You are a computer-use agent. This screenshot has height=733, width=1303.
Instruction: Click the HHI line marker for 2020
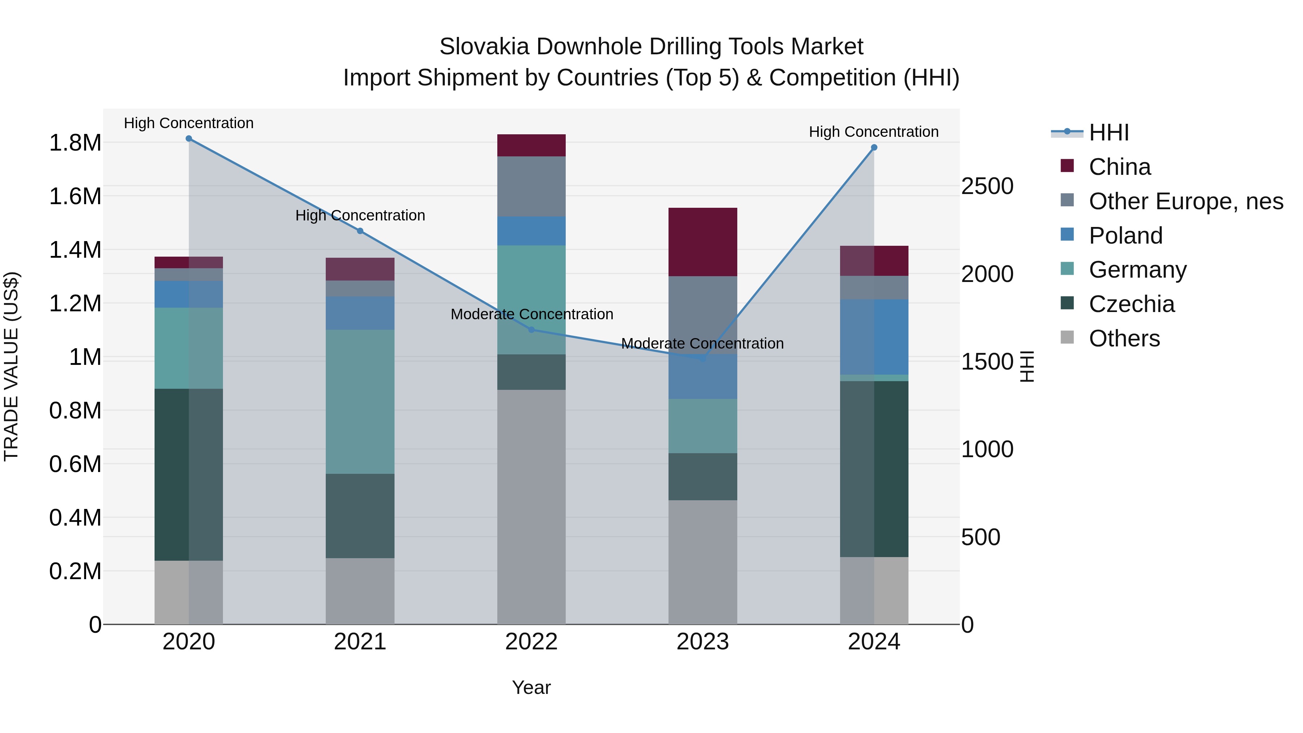click(x=189, y=138)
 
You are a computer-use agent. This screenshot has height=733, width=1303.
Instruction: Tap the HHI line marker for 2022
click(x=531, y=330)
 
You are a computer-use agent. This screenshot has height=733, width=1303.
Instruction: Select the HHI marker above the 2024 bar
click(x=874, y=148)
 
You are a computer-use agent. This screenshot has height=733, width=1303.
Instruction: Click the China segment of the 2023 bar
click(x=703, y=242)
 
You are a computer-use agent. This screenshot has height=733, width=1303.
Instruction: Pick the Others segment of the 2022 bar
click(x=531, y=506)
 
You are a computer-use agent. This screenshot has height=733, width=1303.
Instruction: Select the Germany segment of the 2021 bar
click(x=360, y=402)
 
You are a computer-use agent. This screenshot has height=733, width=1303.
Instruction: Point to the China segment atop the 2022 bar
click(x=531, y=145)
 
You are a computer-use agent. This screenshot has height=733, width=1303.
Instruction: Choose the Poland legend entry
click(x=1125, y=236)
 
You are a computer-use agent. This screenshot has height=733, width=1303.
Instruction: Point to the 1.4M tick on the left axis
click(x=75, y=250)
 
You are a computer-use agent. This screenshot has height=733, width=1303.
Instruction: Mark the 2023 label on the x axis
click(x=703, y=642)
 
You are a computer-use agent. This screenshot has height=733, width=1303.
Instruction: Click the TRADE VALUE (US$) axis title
click(x=11, y=366)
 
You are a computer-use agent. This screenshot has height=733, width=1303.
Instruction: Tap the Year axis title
click(x=531, y=687)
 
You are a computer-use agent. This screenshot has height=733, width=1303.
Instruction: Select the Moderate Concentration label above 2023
click(x=702, y=344)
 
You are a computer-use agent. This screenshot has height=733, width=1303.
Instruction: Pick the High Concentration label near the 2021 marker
click(x=360, y=215)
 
